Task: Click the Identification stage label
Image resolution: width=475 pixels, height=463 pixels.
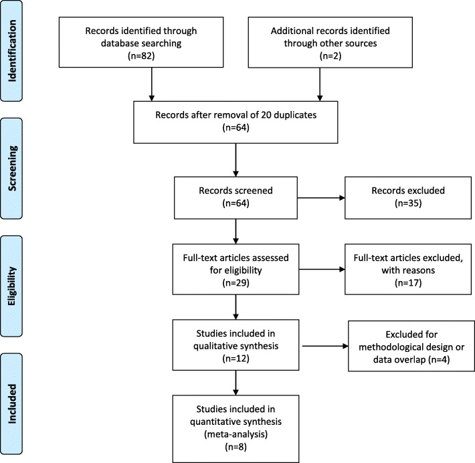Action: click(11, 51)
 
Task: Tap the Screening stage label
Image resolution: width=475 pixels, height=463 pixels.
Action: click(11, 169)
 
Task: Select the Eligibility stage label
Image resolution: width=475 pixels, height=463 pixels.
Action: click(11, 286)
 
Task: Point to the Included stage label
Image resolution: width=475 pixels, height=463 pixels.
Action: click(11, 403)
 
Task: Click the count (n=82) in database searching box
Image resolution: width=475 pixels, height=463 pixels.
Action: click(141, 56)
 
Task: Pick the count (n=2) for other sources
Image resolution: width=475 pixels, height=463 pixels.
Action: click(330, 56)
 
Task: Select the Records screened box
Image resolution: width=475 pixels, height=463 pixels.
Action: click(235, 198)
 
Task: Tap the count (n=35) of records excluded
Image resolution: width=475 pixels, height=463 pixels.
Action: click(408, 203)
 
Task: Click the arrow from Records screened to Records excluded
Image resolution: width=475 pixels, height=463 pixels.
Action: click(321, 198)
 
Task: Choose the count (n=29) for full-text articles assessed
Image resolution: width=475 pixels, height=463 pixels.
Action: click(235, 283)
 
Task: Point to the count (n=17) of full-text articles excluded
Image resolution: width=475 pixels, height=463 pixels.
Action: click(408, 283)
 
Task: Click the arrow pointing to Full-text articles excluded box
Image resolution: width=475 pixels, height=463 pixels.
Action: click(322, 270)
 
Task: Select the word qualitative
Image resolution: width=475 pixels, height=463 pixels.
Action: click(215, 346)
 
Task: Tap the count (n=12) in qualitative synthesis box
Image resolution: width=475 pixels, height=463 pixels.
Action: click(235, 359)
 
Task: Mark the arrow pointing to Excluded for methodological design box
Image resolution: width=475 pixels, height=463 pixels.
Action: click(325, 346)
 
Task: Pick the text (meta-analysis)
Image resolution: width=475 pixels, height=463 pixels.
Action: click(235, 434)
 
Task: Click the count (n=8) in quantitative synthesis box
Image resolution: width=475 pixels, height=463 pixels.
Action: click(235, 447)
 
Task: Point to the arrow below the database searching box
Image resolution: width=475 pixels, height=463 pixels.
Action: click(152, 84)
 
